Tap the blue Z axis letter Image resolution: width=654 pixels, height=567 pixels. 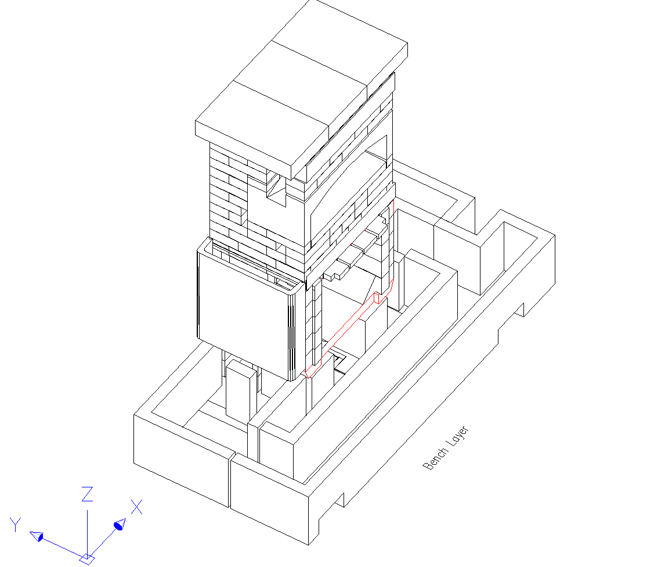tap(87, 494)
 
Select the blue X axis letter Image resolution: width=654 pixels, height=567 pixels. tap(136, 507)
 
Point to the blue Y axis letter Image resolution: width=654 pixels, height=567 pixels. tap(16, 525)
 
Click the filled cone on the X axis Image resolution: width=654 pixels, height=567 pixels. tap(120, 525)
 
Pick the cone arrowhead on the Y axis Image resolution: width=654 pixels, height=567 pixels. tap(37, 536)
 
